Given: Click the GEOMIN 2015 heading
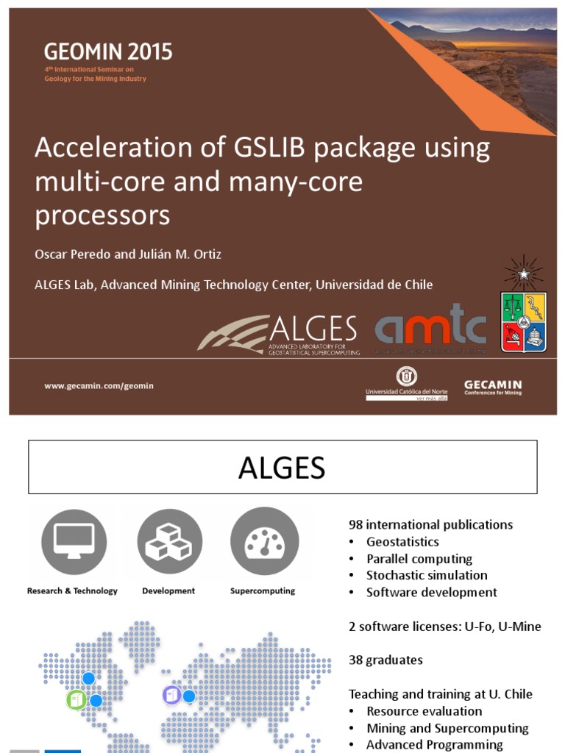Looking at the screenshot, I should tap(107, 52).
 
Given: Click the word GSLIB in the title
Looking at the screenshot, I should tap(282, 148).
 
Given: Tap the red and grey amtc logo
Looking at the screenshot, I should tap(430, 324).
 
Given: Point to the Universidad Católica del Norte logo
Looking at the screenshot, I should tap(406, 383).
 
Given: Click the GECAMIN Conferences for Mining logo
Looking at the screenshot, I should tap(492, 387).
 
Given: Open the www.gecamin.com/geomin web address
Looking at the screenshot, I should tap(99, 385).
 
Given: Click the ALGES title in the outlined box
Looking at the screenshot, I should tap(282, 468).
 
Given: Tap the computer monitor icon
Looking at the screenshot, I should tap(74, 542).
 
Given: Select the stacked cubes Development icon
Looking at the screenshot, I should tap(168, 542).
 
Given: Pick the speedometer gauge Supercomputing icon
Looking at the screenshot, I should tap(264, 542).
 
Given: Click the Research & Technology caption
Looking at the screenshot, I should tap(72, 590).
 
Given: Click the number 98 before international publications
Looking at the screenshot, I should tap(356, 525).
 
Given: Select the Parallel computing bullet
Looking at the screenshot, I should tap(419, 559).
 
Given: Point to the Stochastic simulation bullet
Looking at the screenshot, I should tap(427, 576).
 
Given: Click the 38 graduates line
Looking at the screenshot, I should tap(385, 660).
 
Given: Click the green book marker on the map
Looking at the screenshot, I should tap(76, 699).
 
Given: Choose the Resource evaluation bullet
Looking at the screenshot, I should tap(424, 711).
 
